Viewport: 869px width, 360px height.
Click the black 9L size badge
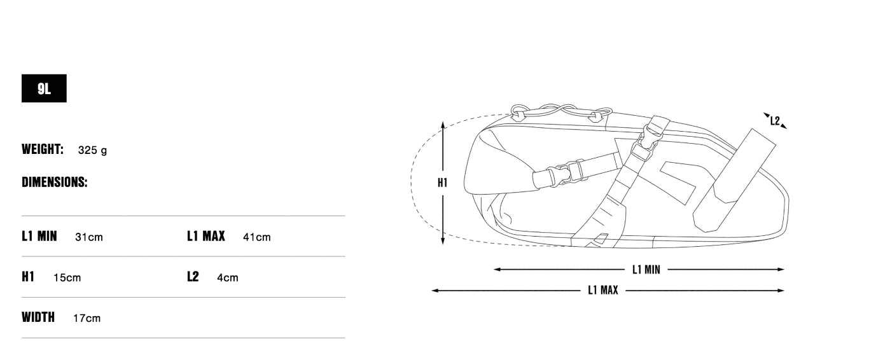pos(44,88)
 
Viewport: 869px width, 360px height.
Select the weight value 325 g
pos(92,150)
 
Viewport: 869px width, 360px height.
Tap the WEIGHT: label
pos(43,149)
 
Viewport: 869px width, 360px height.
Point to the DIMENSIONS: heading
pos(55,182)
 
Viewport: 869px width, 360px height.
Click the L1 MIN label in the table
pos(39,236)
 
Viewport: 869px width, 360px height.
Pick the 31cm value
pos(89,237)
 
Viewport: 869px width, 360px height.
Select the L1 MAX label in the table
pos(206,236)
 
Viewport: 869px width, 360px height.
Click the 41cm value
pos(257,237)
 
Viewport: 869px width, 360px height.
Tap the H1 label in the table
pos(28,277)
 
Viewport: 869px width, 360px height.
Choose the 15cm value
pos(67,278)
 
